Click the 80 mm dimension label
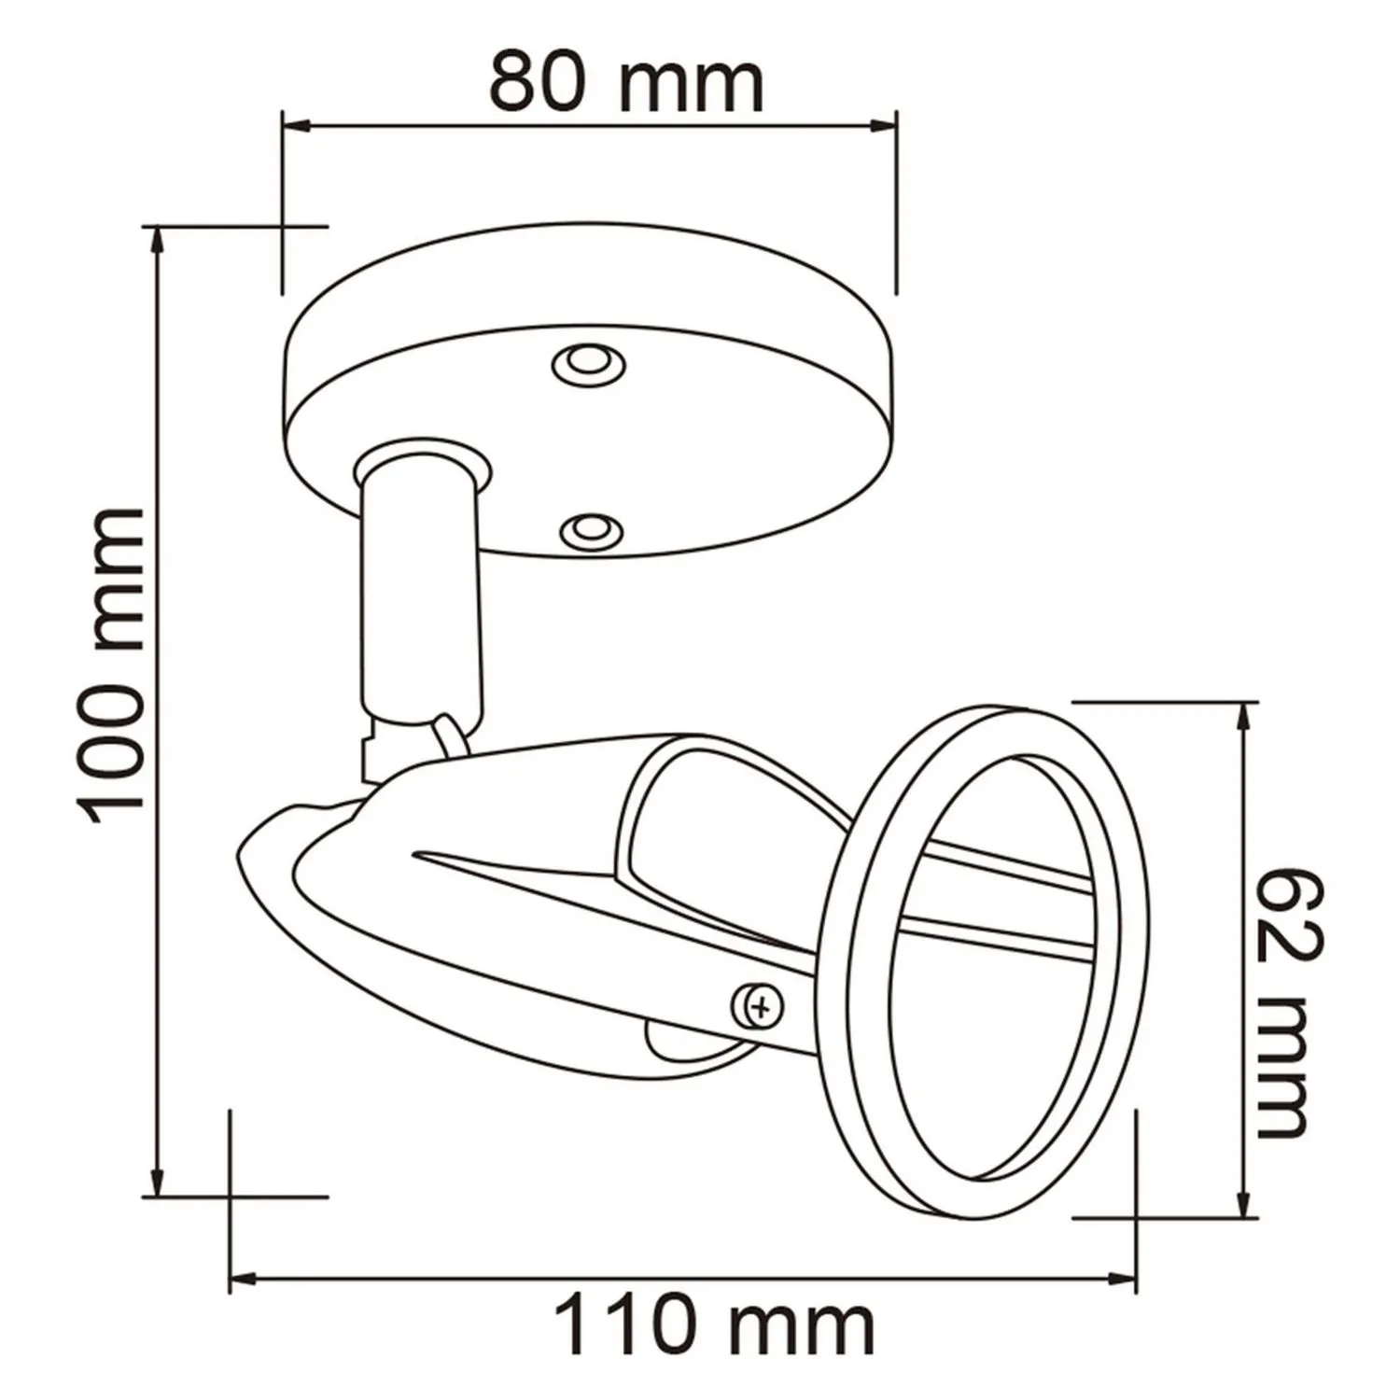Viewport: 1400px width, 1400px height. [x=626, y=83]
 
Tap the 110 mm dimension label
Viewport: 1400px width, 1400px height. [x=715, y=1324]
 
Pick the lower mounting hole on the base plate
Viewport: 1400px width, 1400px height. [x=586, y=529]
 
